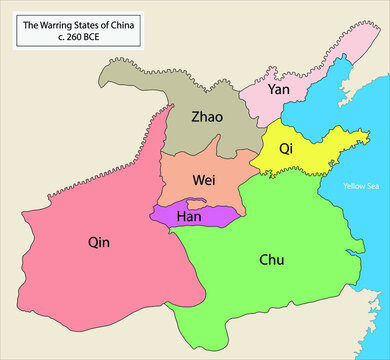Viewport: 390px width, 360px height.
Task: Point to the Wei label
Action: coord(205,180)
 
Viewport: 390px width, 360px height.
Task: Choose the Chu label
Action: coord(271,259)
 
